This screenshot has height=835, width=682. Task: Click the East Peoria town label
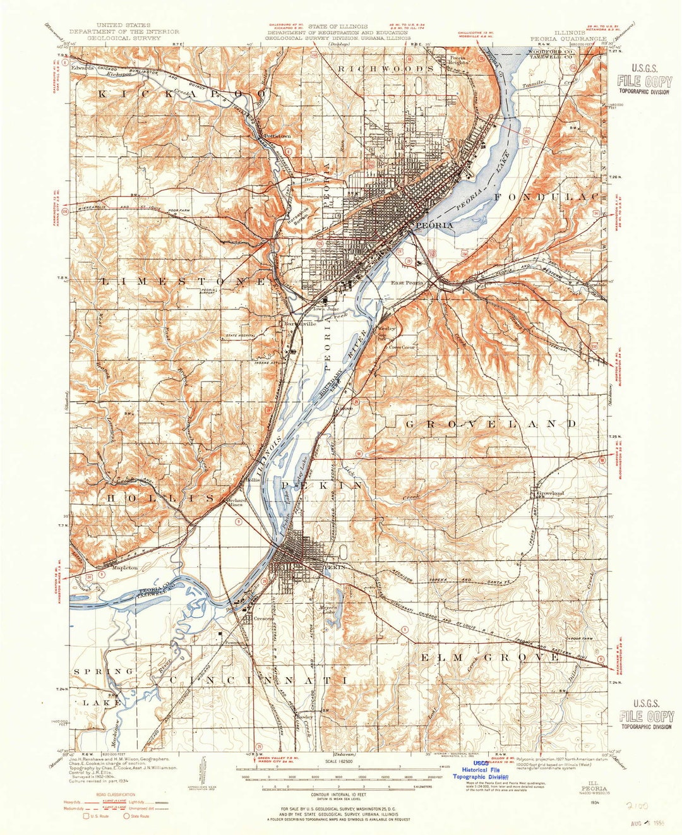(407, 283)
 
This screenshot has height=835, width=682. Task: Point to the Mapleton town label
(124, 568)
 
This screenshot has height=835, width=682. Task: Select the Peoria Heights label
(458, 61)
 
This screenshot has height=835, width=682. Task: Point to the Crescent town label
(256, 619)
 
